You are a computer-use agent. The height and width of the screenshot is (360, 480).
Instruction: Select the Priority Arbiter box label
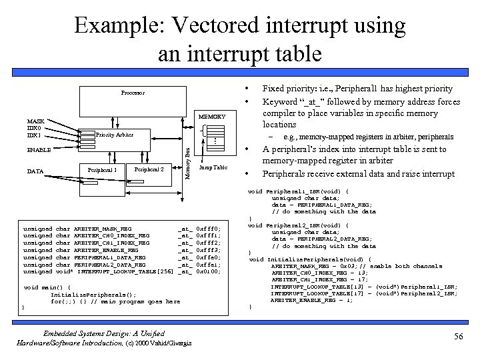pyautogui.click(x=114, y=135)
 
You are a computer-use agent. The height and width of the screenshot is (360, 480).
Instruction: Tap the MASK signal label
pyautogui.click(x=35, y=121)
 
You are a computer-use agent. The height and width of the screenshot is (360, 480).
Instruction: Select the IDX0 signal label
pyautogui.click(x=35, y=128)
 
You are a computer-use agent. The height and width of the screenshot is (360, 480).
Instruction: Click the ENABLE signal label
pyautogui.click(x=39, y=151)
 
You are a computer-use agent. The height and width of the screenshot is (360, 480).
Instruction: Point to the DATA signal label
pyautogui.click(x=35, y=171)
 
